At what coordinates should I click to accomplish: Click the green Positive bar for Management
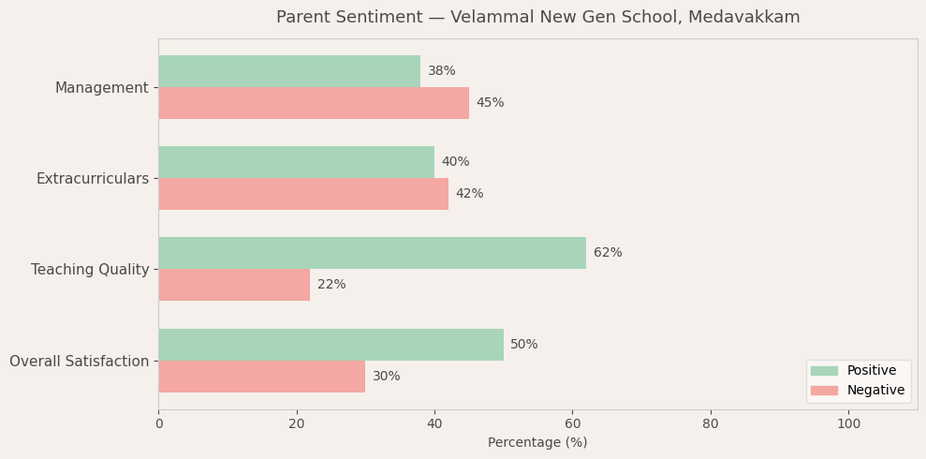click(x=289, y=71)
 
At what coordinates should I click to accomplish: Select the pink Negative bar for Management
click(x=314, y=103)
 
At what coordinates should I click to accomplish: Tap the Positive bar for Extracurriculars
click(x=296, y=162)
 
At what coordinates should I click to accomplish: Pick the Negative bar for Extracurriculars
click(x=303, y=194)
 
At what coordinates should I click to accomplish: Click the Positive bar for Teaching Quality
click(x=372, y=253)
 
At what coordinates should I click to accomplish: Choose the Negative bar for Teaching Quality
click(x=234, y=285)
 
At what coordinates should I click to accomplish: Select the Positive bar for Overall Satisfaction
click(x=331, y=345)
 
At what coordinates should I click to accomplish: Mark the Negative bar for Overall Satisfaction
click(x=261, y=377)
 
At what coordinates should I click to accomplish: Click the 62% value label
click(x=608, y=253)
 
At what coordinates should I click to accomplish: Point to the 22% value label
click(x=331, y=285)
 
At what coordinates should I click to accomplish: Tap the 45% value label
click(x=490, y=103)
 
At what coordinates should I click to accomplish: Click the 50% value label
click(x=524, y=345)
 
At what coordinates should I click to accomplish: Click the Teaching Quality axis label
click(x=90, y=270)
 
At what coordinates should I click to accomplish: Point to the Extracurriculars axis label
click(x=93, y=179)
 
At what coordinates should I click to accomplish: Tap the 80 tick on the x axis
click(x=711, y=424)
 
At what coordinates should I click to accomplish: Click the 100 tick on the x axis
click(x=848, y=424)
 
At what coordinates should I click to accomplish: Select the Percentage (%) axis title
click(x=537, y=443)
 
